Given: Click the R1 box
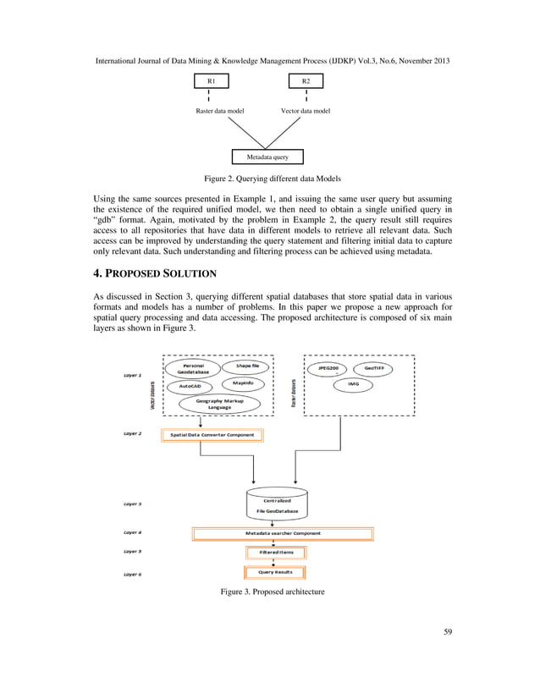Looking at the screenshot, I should click(212, 80).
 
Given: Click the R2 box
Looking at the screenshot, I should click(306, 80).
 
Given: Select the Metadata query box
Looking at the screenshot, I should click(267, 157).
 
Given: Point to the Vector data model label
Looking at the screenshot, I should click(306, 111).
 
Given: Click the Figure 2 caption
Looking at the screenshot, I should click(271, 179).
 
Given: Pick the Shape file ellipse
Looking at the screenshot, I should click(247, 366).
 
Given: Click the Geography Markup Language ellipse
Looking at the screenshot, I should click(214, 403).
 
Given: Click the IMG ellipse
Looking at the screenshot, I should click(353, 383).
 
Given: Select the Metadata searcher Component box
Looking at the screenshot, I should click(282, 533).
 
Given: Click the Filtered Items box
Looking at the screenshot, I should click(276, 553).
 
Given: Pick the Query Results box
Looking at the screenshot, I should click(276, 573).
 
